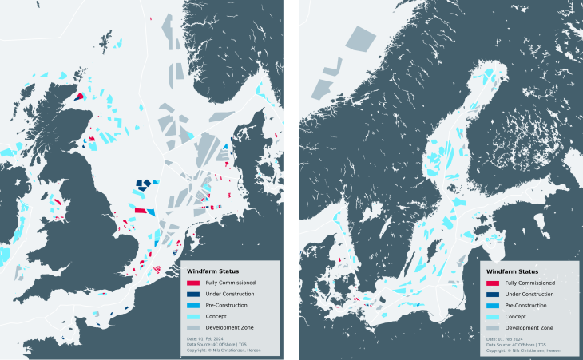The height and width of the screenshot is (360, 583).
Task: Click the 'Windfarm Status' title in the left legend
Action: (206, 271)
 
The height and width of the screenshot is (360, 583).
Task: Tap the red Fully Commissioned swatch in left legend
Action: (193, 283)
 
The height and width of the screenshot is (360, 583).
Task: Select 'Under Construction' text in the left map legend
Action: (230, 294)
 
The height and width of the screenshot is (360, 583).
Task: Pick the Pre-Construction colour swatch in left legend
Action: (193, 305)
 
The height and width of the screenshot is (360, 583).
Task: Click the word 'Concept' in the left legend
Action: (216, 317)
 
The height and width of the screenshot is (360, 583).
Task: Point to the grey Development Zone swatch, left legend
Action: (193, 328)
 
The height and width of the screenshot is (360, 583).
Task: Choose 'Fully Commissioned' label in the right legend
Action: (530, 283)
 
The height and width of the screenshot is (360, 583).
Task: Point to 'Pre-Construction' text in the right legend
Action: (528, 305)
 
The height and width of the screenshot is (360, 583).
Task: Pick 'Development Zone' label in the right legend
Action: (529, 328)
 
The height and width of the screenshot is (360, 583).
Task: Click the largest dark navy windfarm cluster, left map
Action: (143, 184)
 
